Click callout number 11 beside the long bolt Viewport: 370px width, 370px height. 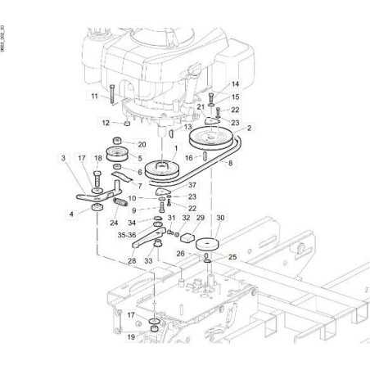coord(94,97)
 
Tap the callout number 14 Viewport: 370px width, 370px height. coord(235,84)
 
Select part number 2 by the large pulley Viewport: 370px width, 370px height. coord(250,129)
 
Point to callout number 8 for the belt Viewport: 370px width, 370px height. coord(230,164)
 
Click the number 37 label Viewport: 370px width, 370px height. coord(192,186)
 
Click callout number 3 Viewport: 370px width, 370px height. coord(62,157)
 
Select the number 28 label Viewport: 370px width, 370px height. coord(131,260)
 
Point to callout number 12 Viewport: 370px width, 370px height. coord(106,123)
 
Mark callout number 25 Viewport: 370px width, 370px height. coord(232,257)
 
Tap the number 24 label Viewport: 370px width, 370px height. coord(114,223)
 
